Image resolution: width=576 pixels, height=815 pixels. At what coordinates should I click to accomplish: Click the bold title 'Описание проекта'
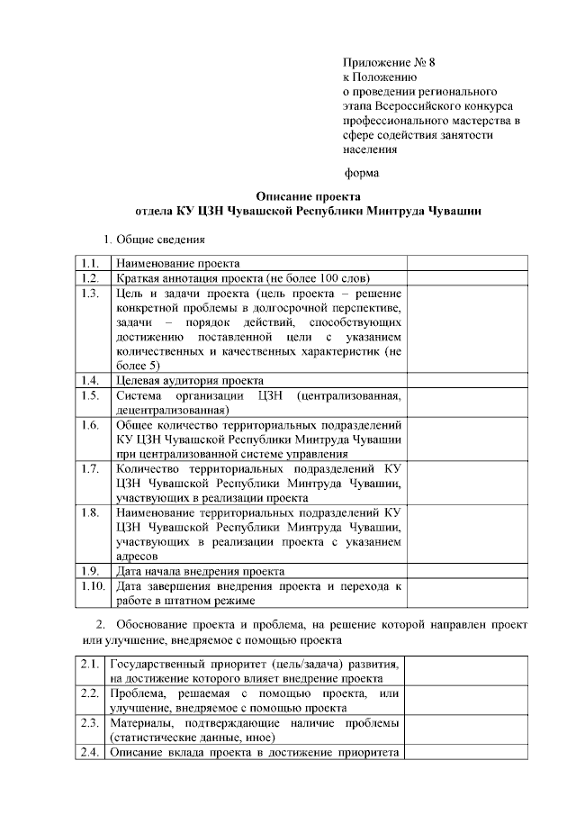(x=308, y=195)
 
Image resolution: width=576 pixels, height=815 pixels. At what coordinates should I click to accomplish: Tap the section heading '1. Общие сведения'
(x=155, y=239)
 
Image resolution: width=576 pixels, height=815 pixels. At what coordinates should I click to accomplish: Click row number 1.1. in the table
(x=89, y=264)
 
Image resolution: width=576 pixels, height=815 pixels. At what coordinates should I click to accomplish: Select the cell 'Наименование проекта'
(x=176, y=264)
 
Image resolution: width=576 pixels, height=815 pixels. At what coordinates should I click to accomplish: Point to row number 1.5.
(x=89, y=394)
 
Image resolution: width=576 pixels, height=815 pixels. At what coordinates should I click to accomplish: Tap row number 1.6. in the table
(x=89, y=424)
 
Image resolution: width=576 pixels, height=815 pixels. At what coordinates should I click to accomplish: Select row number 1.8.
(x=89, y=512)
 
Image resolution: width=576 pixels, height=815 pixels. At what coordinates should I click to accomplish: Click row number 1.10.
(x=91, y=585)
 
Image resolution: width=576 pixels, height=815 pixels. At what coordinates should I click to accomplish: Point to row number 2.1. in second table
(x=89, y=664)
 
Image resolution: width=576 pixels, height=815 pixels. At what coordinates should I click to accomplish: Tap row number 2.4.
(x=89, y=752)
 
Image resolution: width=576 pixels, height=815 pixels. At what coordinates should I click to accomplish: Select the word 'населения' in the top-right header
(x=369, y=149)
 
